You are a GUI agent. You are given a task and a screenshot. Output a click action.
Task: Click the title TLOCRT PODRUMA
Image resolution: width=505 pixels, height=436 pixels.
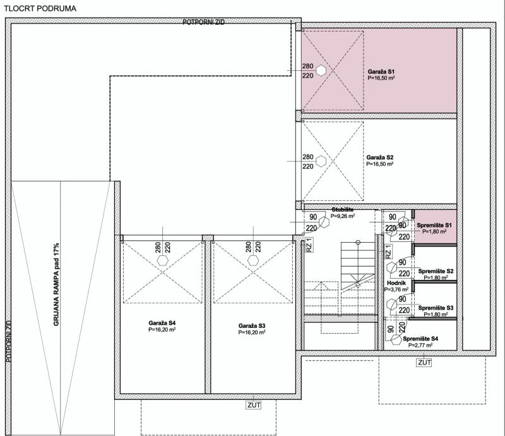[x=40, y=8]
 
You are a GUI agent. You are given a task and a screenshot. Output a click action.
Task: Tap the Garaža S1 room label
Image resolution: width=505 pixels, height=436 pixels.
[x=381, y=71]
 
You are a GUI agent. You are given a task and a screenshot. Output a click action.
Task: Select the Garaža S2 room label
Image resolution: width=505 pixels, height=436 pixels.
[x=380, y=157]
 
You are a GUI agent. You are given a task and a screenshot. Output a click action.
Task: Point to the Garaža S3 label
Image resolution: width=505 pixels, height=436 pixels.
[x=252, y=326]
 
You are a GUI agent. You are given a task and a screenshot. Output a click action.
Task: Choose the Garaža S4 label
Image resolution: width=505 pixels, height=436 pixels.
[x=162, y=323]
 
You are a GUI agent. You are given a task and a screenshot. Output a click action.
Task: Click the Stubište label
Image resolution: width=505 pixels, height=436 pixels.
[x=342, y=210]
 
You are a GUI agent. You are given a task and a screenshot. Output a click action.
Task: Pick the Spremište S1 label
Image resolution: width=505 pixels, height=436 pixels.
[x=434, y=225]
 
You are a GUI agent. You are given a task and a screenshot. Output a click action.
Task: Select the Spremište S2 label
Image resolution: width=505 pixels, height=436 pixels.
[x=436, y=271]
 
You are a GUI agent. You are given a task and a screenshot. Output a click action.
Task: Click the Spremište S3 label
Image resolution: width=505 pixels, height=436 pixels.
[x=436, y=308]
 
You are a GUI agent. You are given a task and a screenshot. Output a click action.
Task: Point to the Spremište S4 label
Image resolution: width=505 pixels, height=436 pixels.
[x=420, y=339]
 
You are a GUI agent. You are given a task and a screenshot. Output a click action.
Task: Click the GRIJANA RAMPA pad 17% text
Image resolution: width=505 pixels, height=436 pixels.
[x=56, y=284]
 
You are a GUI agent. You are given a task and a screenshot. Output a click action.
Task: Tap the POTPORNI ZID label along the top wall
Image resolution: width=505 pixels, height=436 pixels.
[x=203, y=22]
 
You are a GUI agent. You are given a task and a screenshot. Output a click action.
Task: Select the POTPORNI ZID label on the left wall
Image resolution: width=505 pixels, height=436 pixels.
[x=9, y=341]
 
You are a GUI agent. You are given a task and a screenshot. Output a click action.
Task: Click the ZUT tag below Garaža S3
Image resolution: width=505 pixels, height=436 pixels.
[x=254, y=404]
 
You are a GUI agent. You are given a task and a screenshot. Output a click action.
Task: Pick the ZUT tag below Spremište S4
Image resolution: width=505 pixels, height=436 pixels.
[x=424, y=363]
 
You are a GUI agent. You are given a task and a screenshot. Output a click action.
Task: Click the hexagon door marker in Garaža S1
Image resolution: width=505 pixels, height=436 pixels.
[x=321, y=71]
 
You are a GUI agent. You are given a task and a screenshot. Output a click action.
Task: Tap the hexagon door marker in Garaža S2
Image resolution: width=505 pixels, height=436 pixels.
[x=321, y=161]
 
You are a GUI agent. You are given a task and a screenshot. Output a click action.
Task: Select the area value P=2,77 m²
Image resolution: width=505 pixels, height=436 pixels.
[x=420, y=345]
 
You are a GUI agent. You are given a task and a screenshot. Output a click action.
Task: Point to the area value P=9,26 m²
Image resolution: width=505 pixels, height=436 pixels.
[x=343, y=216]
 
